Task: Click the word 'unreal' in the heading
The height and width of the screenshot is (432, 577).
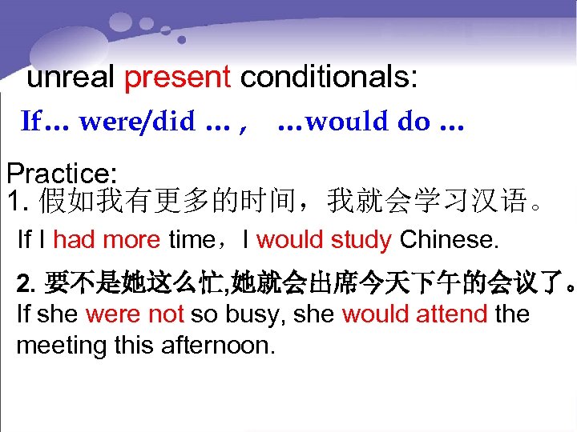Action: pos(72,78)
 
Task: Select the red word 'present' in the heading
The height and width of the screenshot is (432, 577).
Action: pos(178,78)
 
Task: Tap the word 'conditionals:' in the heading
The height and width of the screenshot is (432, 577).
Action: pos(329,78)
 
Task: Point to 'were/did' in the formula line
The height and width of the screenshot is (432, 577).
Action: pos(136,122)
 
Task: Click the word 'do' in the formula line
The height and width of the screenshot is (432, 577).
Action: pos(414,122)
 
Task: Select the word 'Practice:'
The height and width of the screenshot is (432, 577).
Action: pos(62,174)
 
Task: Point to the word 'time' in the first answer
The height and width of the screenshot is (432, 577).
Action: pos(191,238)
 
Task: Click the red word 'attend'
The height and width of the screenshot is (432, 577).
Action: pos(450,314)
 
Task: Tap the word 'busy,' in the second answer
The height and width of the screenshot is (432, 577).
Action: pos(256,314)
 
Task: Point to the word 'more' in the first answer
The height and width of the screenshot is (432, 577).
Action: pos(132,238)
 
